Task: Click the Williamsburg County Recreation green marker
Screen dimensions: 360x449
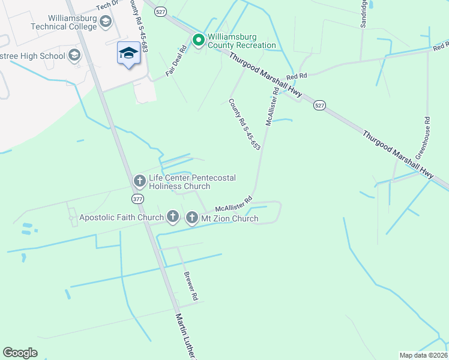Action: (x=198, y=40)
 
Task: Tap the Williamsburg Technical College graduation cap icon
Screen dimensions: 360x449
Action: (x=106, y=22)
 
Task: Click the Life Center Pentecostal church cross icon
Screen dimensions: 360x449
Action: (x=139, y=180)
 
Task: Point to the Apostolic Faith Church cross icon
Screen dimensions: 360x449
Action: (x=173, y=216)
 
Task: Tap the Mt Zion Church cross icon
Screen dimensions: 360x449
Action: (x=192, y=217)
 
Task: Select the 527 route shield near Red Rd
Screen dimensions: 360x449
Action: (x=319, y=105)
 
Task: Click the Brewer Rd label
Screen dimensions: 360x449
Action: (x=190, y=284)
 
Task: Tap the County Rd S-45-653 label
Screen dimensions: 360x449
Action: (x=244, y=124)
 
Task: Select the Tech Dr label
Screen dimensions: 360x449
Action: (x=109, y=6)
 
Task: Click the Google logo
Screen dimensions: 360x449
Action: (x=20, y=353)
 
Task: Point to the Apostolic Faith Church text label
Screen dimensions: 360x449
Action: (x=121, y=217)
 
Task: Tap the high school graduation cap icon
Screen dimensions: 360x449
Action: (x=74, y=56)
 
